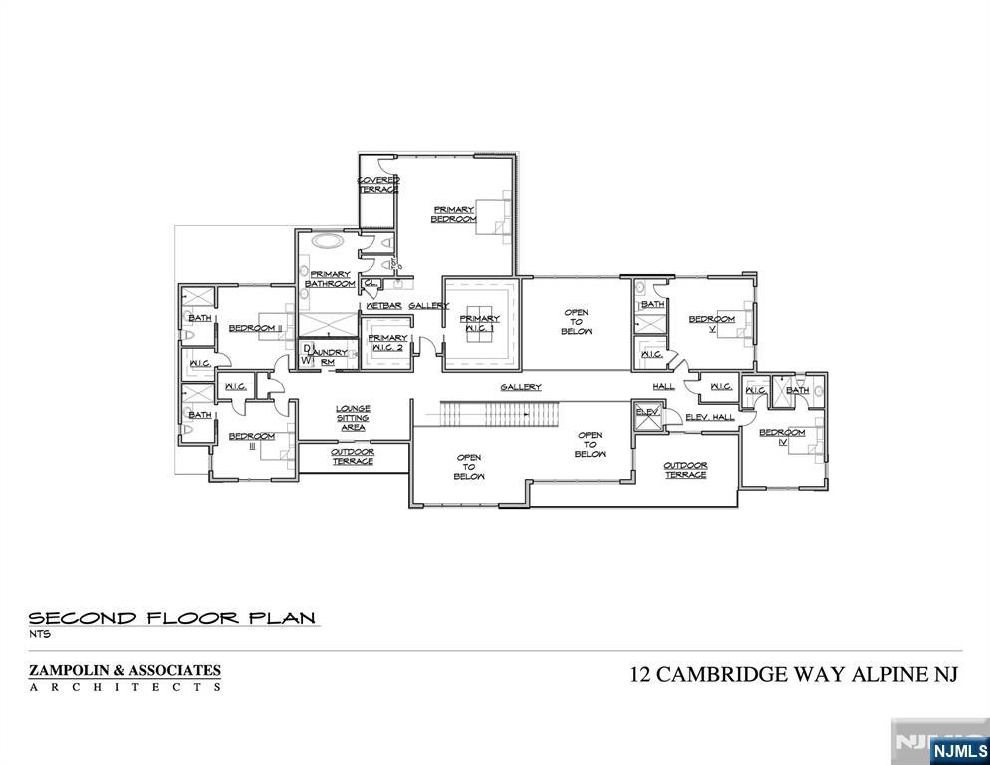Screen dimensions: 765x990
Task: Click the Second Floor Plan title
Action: pyautogui.click(x=173, y=617)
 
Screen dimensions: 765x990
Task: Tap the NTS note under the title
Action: pyautogui.click(x=39, y=634)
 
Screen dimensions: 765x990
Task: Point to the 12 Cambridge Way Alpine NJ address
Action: pyautogui.click(x=794, y=674)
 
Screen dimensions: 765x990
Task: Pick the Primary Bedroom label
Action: pyautogui.click(x=453, y=214)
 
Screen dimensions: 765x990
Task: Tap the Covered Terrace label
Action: pyautogui.click(x=378, y=184)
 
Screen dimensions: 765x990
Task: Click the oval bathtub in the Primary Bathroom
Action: pyautogui.click(x=326, y=240)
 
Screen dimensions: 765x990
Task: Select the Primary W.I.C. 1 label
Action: pyautogui.click(x=479, y=325)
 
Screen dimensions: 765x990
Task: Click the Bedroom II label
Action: pyautogui.click(x=256, y=328)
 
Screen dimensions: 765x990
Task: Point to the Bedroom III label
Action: pyautogui.click(x=252, y=441)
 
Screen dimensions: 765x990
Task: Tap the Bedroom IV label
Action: pyautogui.click(x=782, y=437)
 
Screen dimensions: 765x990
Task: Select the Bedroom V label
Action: pyautogui.click(x=712, y=324)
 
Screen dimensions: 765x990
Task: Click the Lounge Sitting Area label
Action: pyautogui.click(x=353, y=418)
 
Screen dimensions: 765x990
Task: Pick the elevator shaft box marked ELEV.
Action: pyautogui.click(x=647, y=416)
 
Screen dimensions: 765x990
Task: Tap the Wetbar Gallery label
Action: pyautogui.click(x=407, y=305)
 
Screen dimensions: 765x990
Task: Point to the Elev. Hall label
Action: pyautogui.click(x=710, y=417)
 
